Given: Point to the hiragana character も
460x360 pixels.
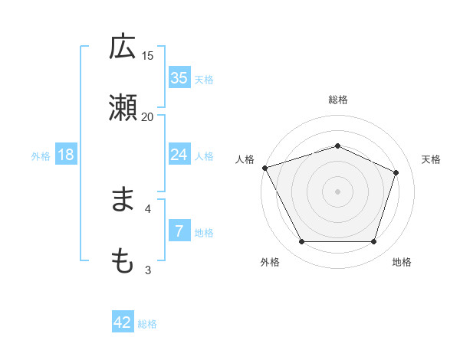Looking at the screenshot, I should coord(123,261).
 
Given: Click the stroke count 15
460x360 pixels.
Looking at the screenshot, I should coord(148,55).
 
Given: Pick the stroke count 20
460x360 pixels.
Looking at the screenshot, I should coord(148,116).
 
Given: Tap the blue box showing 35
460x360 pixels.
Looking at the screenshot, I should coord(179,78).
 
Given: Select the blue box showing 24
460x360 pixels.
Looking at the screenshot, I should coord(179,155).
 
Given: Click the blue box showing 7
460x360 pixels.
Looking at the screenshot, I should coord(179,231).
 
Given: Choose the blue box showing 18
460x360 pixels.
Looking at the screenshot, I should coord(66,155).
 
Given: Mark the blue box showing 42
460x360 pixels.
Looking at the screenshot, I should coord(123,323).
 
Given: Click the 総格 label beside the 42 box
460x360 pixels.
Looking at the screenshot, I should coord(147,324).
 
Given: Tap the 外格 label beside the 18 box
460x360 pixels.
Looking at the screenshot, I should coord(41,155).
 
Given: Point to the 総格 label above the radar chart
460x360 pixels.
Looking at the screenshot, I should coord(338,100).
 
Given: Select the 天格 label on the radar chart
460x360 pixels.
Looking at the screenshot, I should coord(432,159).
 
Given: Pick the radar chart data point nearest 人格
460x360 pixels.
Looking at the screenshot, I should coord(264,168).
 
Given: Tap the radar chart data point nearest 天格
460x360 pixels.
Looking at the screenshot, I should coord(396,172).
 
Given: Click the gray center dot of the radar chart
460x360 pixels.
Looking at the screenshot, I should coord(338,191).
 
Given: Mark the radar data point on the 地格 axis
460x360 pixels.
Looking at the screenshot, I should coord(374,242).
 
